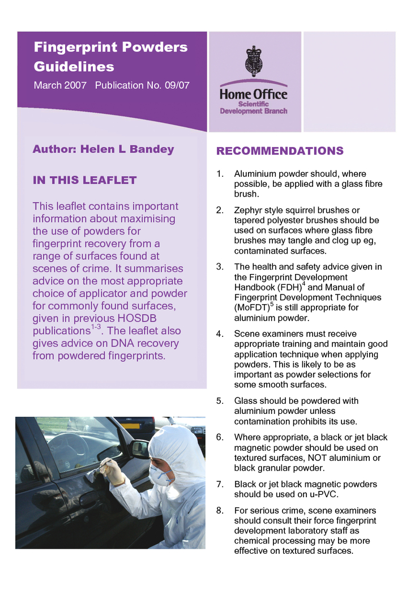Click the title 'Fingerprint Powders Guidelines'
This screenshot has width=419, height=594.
pos(110,57)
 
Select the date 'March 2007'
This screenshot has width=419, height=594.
pos(60,86)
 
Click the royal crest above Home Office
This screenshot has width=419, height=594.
pos(253,61)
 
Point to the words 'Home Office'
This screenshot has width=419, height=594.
pos(253,94)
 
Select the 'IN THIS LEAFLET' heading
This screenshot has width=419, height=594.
pos(84,180)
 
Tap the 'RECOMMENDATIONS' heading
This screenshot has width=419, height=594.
pos(280,151)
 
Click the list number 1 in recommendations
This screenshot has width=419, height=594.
pos(220,174)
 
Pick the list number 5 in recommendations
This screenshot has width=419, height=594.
pos(220,401)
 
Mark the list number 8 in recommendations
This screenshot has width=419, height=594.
pos(220,511)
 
